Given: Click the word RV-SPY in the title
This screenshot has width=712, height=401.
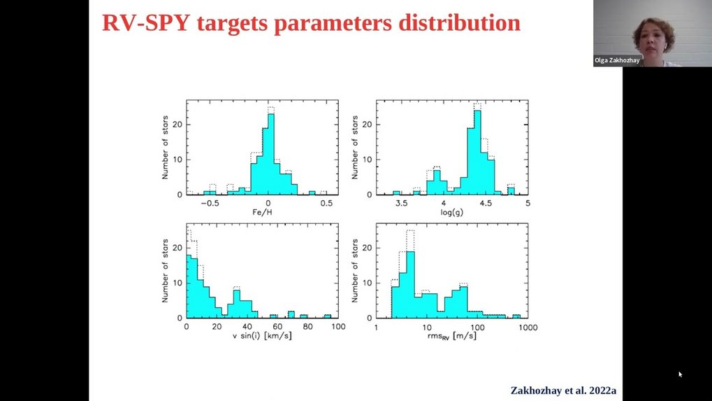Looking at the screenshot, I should (x=140, y=22).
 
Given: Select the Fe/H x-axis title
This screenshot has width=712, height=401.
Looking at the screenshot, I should (x=267, y=212).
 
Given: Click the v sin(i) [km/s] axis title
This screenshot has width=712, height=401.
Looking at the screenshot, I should (x=262, y=337).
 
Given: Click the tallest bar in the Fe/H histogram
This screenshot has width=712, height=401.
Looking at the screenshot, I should (x=271, y=154).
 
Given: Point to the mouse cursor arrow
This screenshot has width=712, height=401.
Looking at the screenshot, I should (x=680, y=374).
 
